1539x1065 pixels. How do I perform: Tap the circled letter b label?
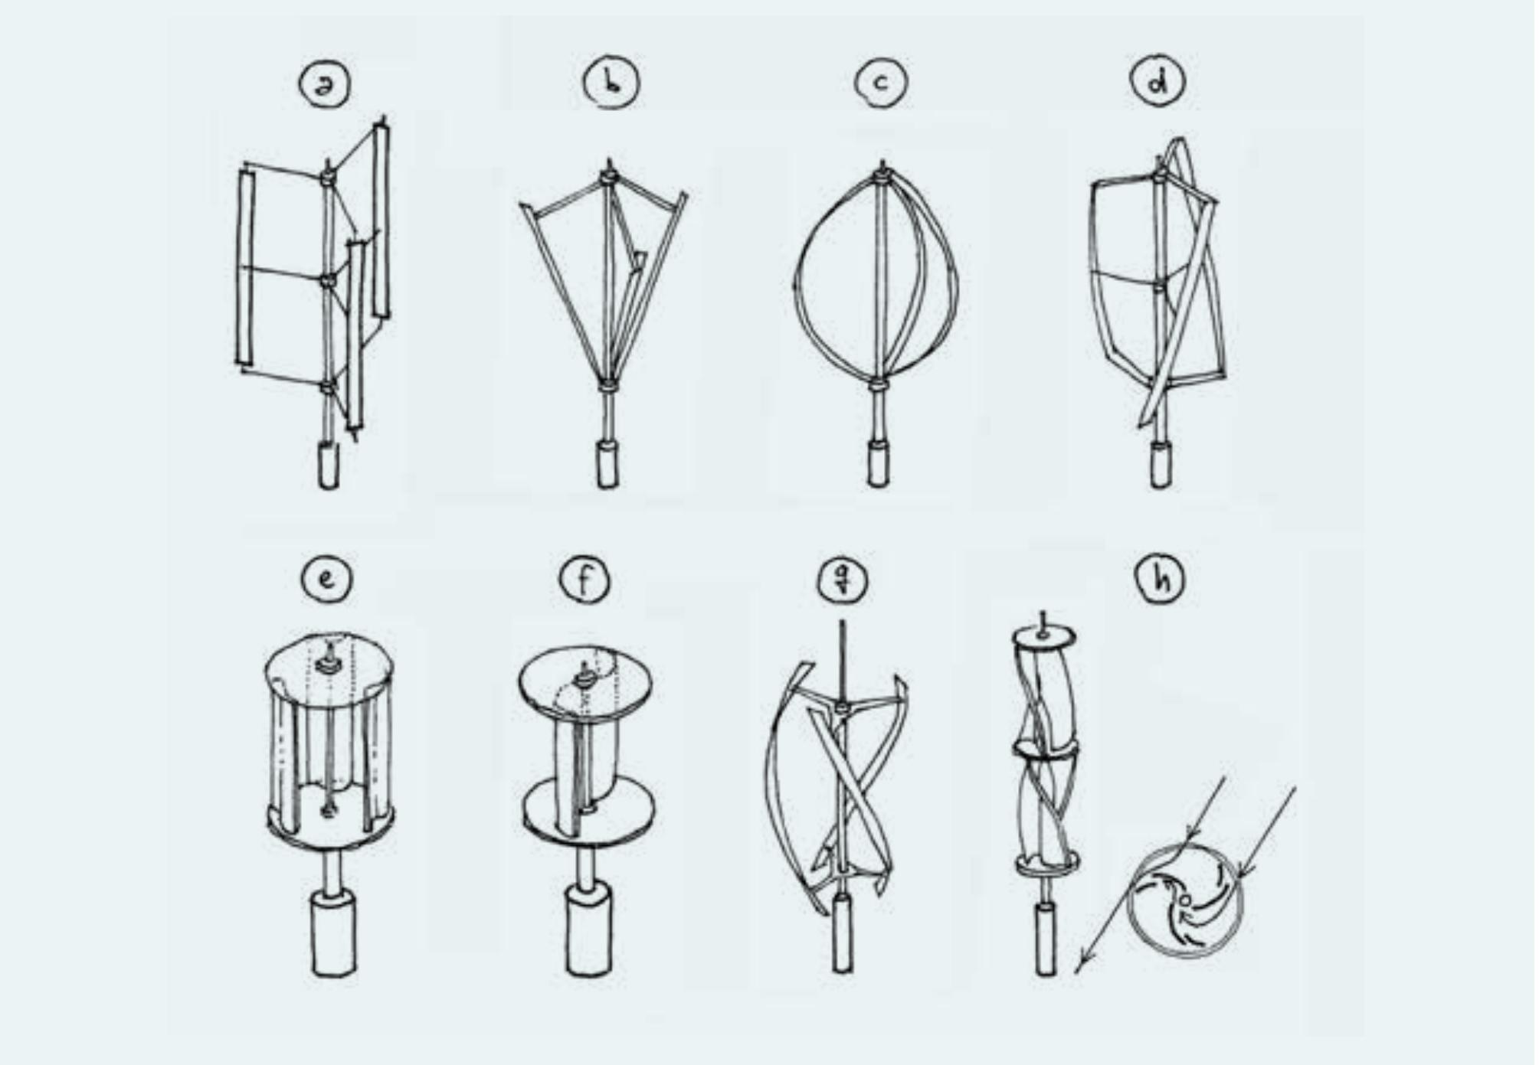coord(611,82)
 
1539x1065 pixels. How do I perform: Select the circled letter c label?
coord(881,82)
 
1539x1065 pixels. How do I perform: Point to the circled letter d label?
coord(1158,81)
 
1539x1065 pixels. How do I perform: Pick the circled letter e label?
coord(327,578)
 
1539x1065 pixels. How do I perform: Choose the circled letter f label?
coord(584,580)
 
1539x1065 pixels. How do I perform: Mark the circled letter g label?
coord(843,580)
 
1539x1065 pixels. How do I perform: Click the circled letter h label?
coord(1160,578)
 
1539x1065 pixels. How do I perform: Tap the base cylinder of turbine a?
coord(329,464)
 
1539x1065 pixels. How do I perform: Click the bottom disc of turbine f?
coord(589,812)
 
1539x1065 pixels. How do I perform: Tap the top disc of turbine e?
coord(330,666)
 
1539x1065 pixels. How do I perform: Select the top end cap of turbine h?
coord(1043,637)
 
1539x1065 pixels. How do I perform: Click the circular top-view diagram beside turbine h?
coord(1184,900)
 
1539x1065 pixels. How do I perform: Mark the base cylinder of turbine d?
coord(1161,464)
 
